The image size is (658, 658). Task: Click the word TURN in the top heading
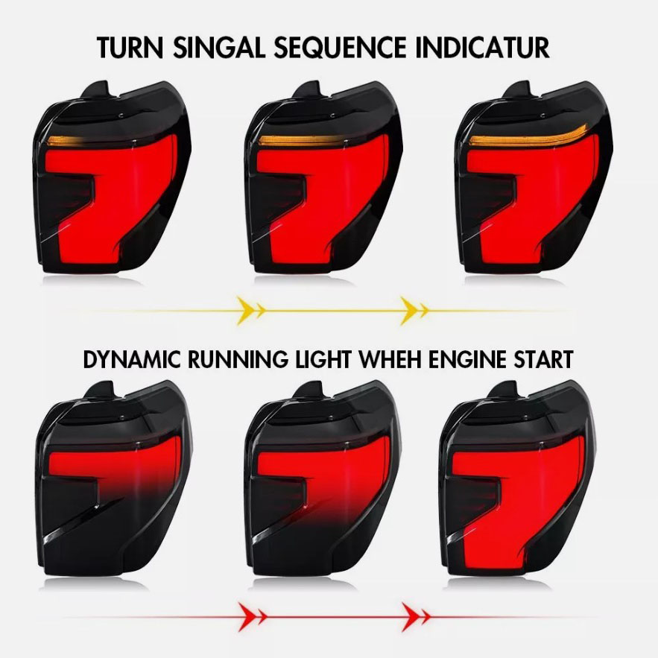tap(130, 48)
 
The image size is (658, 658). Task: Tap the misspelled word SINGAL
tap(220, 48)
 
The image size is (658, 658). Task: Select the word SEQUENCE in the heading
tap(340, 48)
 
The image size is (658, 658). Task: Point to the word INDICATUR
tap(482, 48)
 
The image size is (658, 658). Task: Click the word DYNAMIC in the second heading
tap(132, 359)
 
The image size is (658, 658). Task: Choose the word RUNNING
tap(238, 359)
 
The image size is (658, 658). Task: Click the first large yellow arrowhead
tap(247, 311)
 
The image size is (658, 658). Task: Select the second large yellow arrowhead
tap(410, 311)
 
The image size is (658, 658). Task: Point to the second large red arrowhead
tap(411, 617)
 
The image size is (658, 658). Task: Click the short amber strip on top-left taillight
tap(63, 141)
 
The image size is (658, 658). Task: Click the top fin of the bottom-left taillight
tap(101, 390)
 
